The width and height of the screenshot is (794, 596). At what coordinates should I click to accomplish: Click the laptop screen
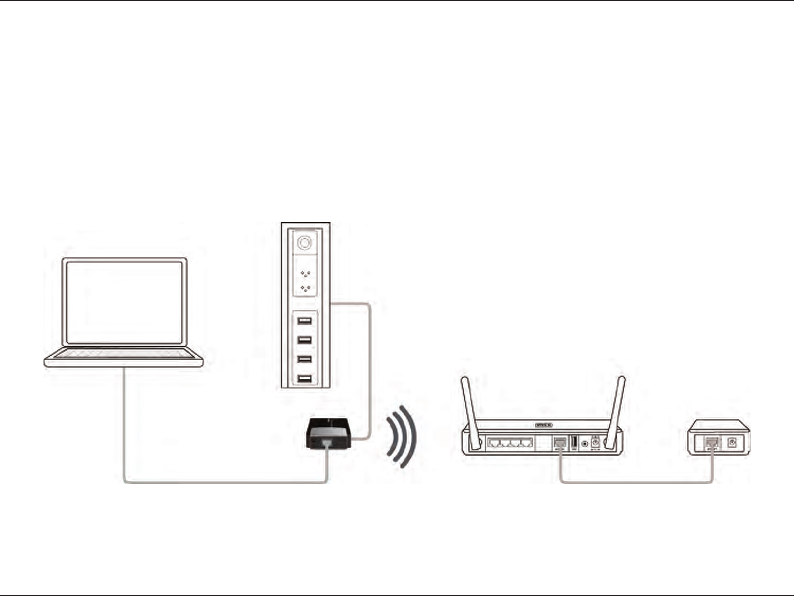(124, 302)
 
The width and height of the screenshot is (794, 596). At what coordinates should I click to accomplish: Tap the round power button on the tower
(304, 243)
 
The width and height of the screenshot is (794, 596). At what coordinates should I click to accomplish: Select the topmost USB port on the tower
(304, 320)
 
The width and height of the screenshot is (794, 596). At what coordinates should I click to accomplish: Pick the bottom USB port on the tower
(304, 379)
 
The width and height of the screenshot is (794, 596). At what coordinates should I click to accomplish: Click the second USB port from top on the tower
(304, 340)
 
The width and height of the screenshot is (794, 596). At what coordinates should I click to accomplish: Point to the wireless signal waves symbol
(401, 437)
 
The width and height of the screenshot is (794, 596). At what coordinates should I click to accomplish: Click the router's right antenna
(616, 411)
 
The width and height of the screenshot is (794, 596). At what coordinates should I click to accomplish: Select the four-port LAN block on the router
(511, 443)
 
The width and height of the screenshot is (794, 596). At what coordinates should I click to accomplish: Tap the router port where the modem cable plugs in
(560, 442)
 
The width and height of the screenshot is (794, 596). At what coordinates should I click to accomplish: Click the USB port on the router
(574, 442)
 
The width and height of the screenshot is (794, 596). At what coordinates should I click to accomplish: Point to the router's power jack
(595, 442)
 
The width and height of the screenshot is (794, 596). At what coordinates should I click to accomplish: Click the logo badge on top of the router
(544, 425)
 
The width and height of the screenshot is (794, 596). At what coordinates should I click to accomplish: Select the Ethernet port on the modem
(712, 442)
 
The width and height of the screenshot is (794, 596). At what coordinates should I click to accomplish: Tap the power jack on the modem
(732, 442)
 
